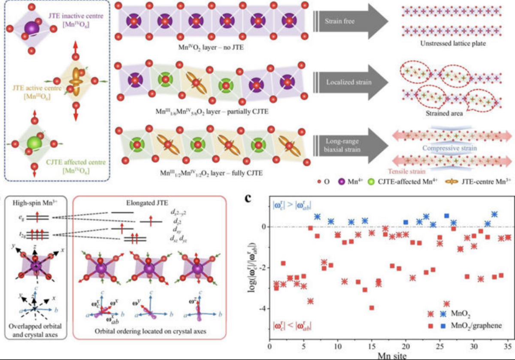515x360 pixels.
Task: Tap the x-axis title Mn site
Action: [x=388, y=356]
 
